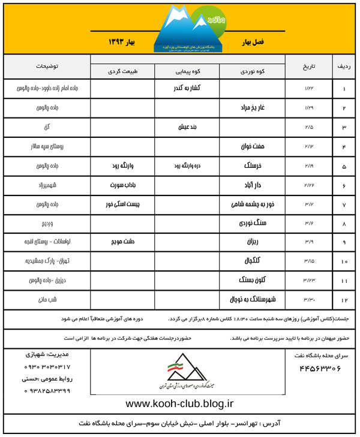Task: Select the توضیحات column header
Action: (46, 64)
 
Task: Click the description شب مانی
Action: (46, 299)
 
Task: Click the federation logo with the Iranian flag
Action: (181, 373)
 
